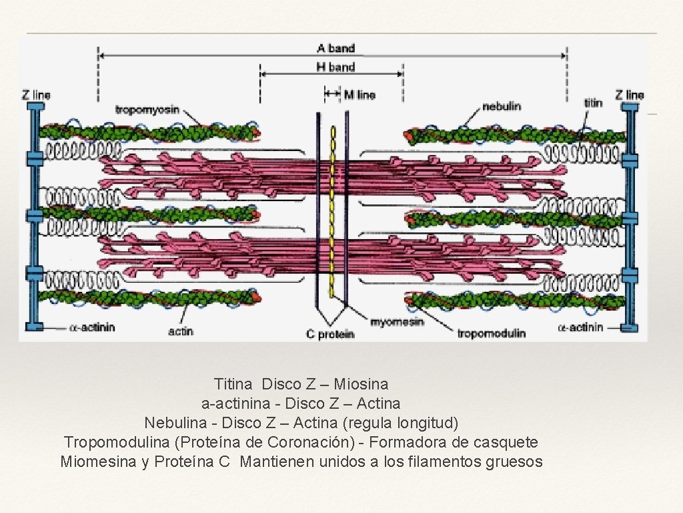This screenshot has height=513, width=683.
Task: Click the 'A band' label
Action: (x=335, y=48)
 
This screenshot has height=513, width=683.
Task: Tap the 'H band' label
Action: (x=335, y=67)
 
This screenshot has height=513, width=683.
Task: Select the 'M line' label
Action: (x=360, y=95)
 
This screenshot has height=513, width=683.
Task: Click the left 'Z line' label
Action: (x=36, y=95)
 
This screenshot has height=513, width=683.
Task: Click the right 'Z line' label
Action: (x=630, y=95)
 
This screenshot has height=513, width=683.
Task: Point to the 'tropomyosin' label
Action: (x=147, y=110)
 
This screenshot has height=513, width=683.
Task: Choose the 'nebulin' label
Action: (x=501, y=106)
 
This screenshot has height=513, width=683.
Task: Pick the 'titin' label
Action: (x=593, y=103)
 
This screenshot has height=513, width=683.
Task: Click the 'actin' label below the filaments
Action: (x=180, y=331)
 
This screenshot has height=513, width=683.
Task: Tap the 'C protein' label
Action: (x=330, y=334)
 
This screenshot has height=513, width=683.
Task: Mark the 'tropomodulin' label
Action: (x=492, y=333)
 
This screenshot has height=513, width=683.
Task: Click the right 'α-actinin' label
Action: (x=580, y=327)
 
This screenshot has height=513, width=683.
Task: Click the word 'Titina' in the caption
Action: (x=233, y=384)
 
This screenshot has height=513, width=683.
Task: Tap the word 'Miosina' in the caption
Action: (x=361, y=384)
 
